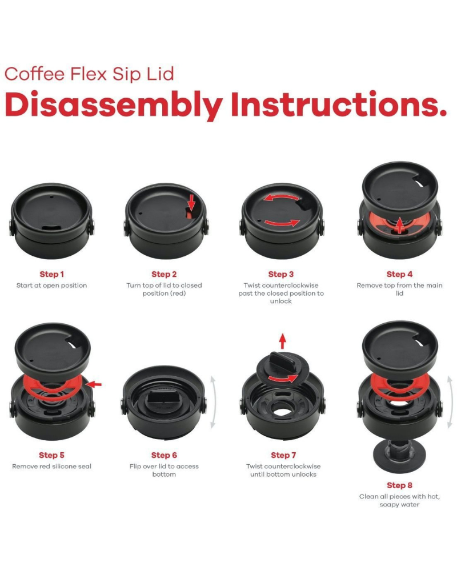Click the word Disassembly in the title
click(x=114, y=105)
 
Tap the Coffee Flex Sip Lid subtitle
click(x=89, y=74)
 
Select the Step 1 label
click(x=52, y=274)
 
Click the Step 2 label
click(x=164, y=274)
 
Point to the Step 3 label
click(x=280, y=274)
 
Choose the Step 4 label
click(x=399, y=274)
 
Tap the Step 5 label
click(x=51, y=455)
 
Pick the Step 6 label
click(x=164, y=455)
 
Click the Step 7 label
click(x=283, y=455)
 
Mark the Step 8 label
click(x=399, y=485)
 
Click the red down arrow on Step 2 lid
click(x=192, y=203)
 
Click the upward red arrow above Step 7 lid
click(x=282, y=341)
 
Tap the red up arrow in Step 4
click(x=400, y=225)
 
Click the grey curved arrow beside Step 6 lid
click(x=213, y=403)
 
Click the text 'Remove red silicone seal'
click(x=52, y=467)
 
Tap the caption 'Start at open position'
click(x=51, y=285)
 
